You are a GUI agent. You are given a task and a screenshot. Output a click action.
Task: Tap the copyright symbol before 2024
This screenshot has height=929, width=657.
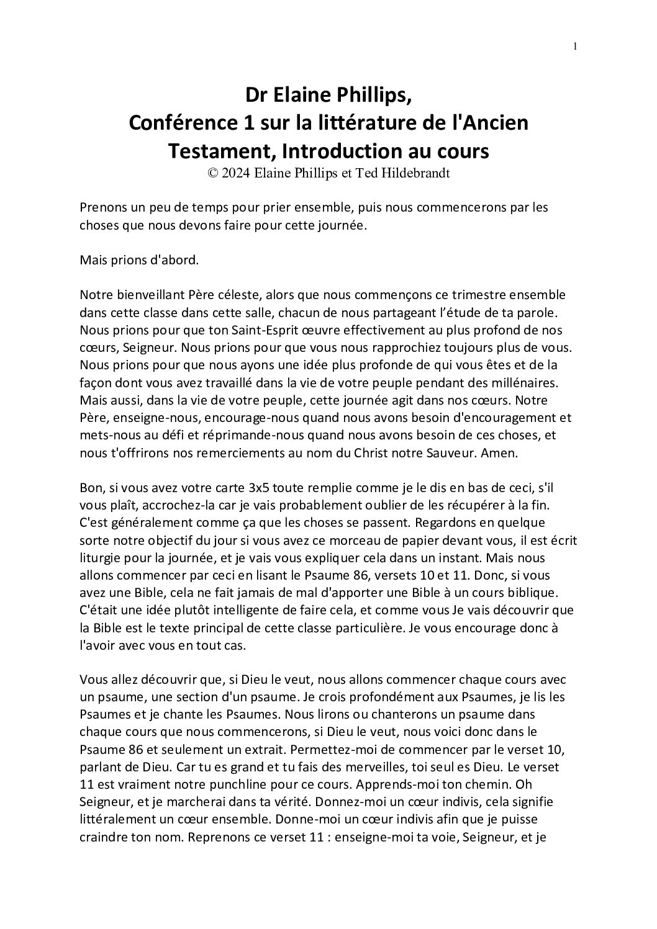point(212,174)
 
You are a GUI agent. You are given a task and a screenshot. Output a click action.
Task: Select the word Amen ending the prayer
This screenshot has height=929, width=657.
point(499,452)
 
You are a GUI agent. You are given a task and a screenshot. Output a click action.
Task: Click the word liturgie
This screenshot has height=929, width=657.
point(102,557)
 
